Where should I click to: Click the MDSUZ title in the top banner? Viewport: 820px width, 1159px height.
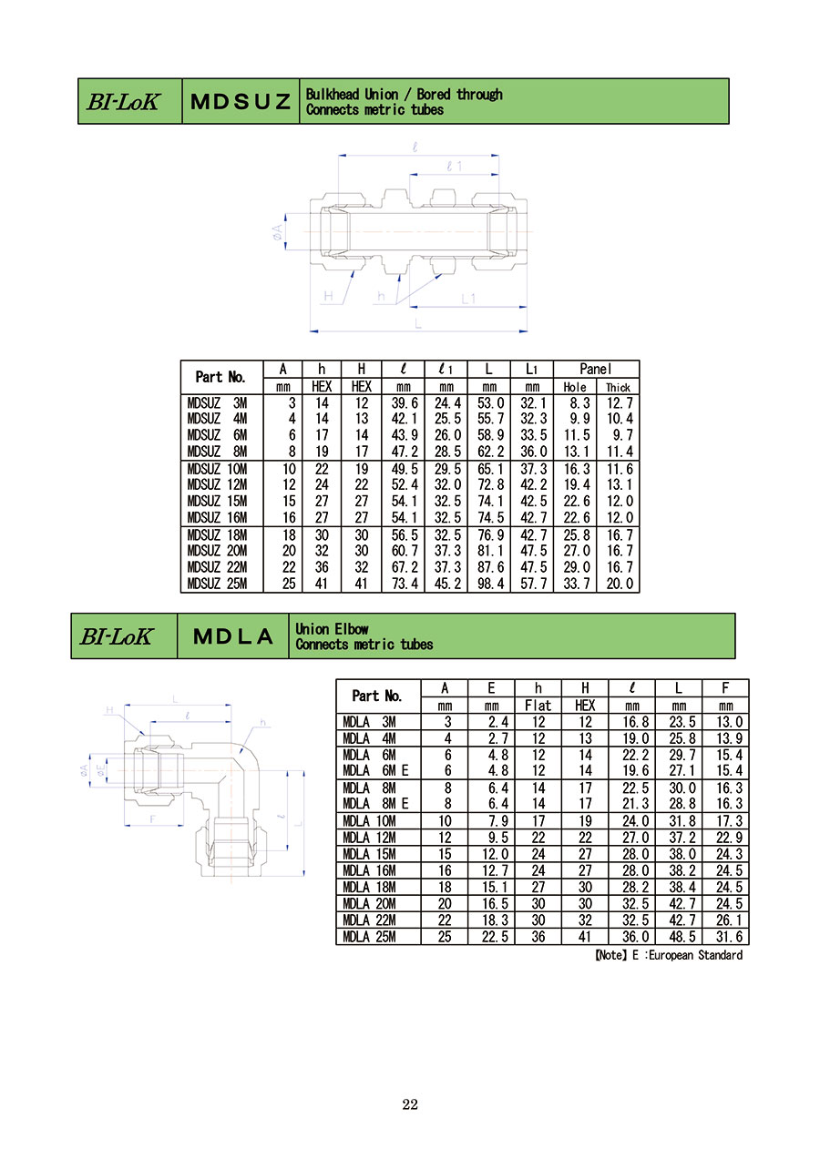pos(241,101)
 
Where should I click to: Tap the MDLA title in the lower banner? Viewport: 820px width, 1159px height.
pos(232,636)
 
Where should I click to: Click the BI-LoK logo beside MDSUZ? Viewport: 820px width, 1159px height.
pos(124,101)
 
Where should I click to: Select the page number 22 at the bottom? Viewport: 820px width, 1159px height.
pos(410,1104)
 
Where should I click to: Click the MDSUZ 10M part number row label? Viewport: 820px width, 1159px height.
pos(217,469)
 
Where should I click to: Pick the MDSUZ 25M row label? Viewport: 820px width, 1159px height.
pos(217,584)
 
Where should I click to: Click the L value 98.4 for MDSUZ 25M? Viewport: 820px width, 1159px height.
pos(490,584)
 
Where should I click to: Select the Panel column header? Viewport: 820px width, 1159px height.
pos(596,369)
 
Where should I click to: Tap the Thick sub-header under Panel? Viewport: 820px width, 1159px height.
pos(618,387)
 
